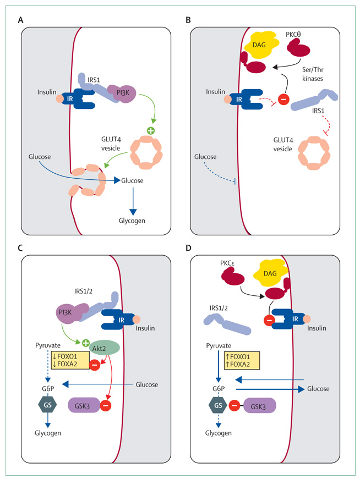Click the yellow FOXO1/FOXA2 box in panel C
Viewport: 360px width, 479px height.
(x=67, y=360)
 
